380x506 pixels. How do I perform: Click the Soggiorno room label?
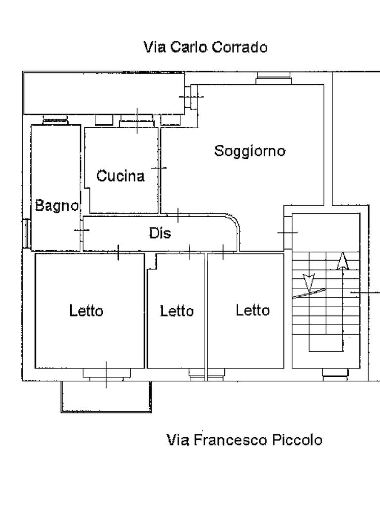[x=250, y=151]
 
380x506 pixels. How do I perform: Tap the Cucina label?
[x=121, y=176]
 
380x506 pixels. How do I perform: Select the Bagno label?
[x=57, y=206]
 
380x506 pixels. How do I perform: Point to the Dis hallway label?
[x=160, y=233]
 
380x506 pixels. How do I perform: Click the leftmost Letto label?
[x=86, y=311]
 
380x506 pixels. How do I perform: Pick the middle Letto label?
[x=177, y=311]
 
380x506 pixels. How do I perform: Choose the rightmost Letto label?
[x=252, y=310]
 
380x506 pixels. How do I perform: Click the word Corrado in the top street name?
[x=240, y=47]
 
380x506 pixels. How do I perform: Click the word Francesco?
[x=231, y=440]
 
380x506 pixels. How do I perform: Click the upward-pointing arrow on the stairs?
[x=343, y=261]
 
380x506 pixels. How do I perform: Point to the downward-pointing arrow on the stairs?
[x=309, y=283]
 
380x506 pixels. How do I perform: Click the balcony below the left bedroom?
[x=106, y=397]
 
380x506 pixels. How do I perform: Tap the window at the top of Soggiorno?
[x=274, y=78]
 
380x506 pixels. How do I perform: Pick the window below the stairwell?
[x=336, y=373]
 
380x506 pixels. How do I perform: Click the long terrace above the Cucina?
[x=104, y=93]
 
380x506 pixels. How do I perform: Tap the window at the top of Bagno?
[x=55, y=120]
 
